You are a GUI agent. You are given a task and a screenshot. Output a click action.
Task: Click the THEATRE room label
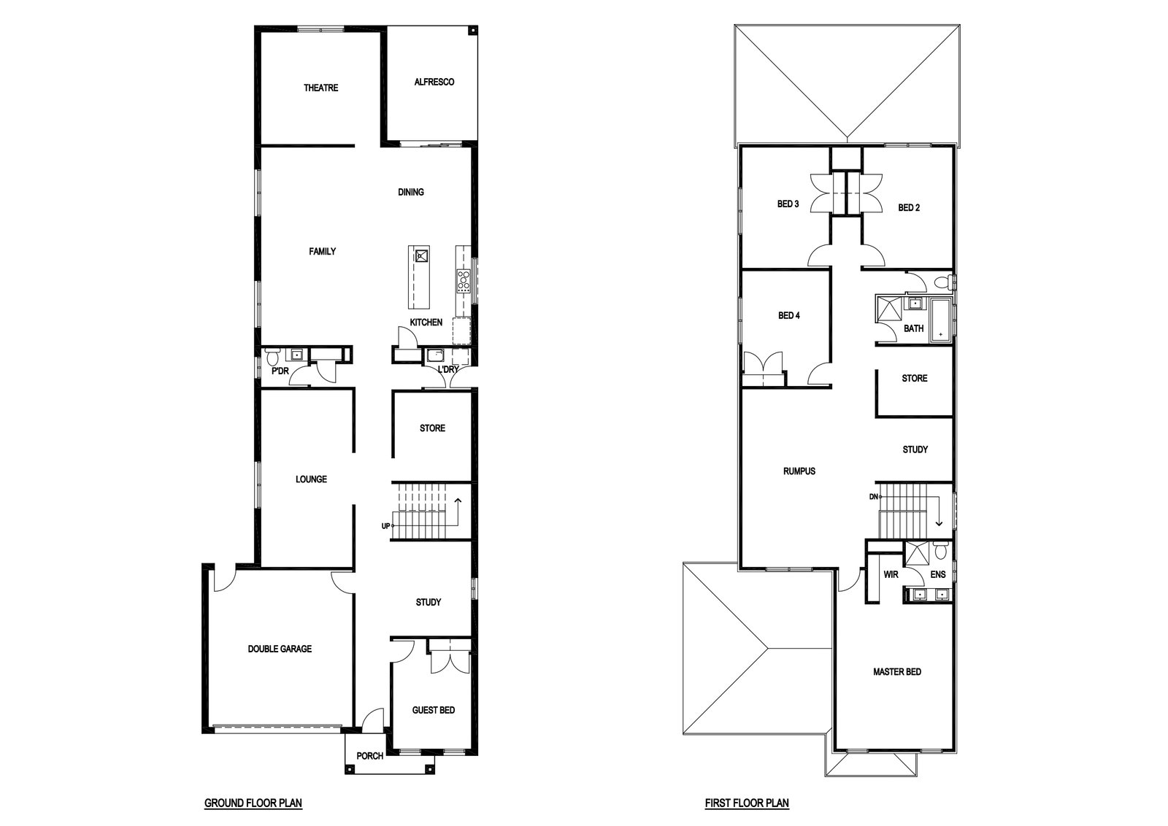pos(320,88)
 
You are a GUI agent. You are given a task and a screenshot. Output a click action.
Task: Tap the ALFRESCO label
pos(434,82)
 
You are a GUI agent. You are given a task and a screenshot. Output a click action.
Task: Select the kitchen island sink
pos(421,255)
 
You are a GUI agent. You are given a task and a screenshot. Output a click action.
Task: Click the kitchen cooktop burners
pos(463,280)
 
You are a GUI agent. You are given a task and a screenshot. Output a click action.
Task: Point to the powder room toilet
pos(272,357)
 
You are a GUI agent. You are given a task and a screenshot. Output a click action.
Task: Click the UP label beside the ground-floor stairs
pos(386,526)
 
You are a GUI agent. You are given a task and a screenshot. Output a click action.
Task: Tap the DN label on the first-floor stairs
pos(874,497)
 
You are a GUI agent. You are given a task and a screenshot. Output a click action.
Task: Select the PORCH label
pos(369,756)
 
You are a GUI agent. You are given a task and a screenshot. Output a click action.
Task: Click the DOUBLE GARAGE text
pos(280,649)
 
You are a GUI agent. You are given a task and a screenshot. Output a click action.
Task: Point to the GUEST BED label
pos(434,710)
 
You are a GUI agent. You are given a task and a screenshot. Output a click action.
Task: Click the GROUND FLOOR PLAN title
pos(253,803)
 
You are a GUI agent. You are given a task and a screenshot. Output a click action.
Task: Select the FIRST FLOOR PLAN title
pos(747,803)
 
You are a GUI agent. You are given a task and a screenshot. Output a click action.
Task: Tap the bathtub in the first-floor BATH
pos(941,320)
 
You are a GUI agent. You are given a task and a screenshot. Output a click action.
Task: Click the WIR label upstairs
pos(891,574)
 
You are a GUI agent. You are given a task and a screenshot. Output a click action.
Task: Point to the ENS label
pos(938,574)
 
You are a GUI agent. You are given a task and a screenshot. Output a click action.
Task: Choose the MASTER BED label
pos(897,672)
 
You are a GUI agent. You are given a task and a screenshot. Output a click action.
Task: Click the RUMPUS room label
pos(799,471)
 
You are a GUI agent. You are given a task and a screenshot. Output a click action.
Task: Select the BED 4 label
pos(789,315)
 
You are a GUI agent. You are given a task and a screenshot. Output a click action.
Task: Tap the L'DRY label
pos(448,369)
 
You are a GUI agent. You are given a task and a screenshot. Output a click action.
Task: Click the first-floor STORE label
pos(915,379)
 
